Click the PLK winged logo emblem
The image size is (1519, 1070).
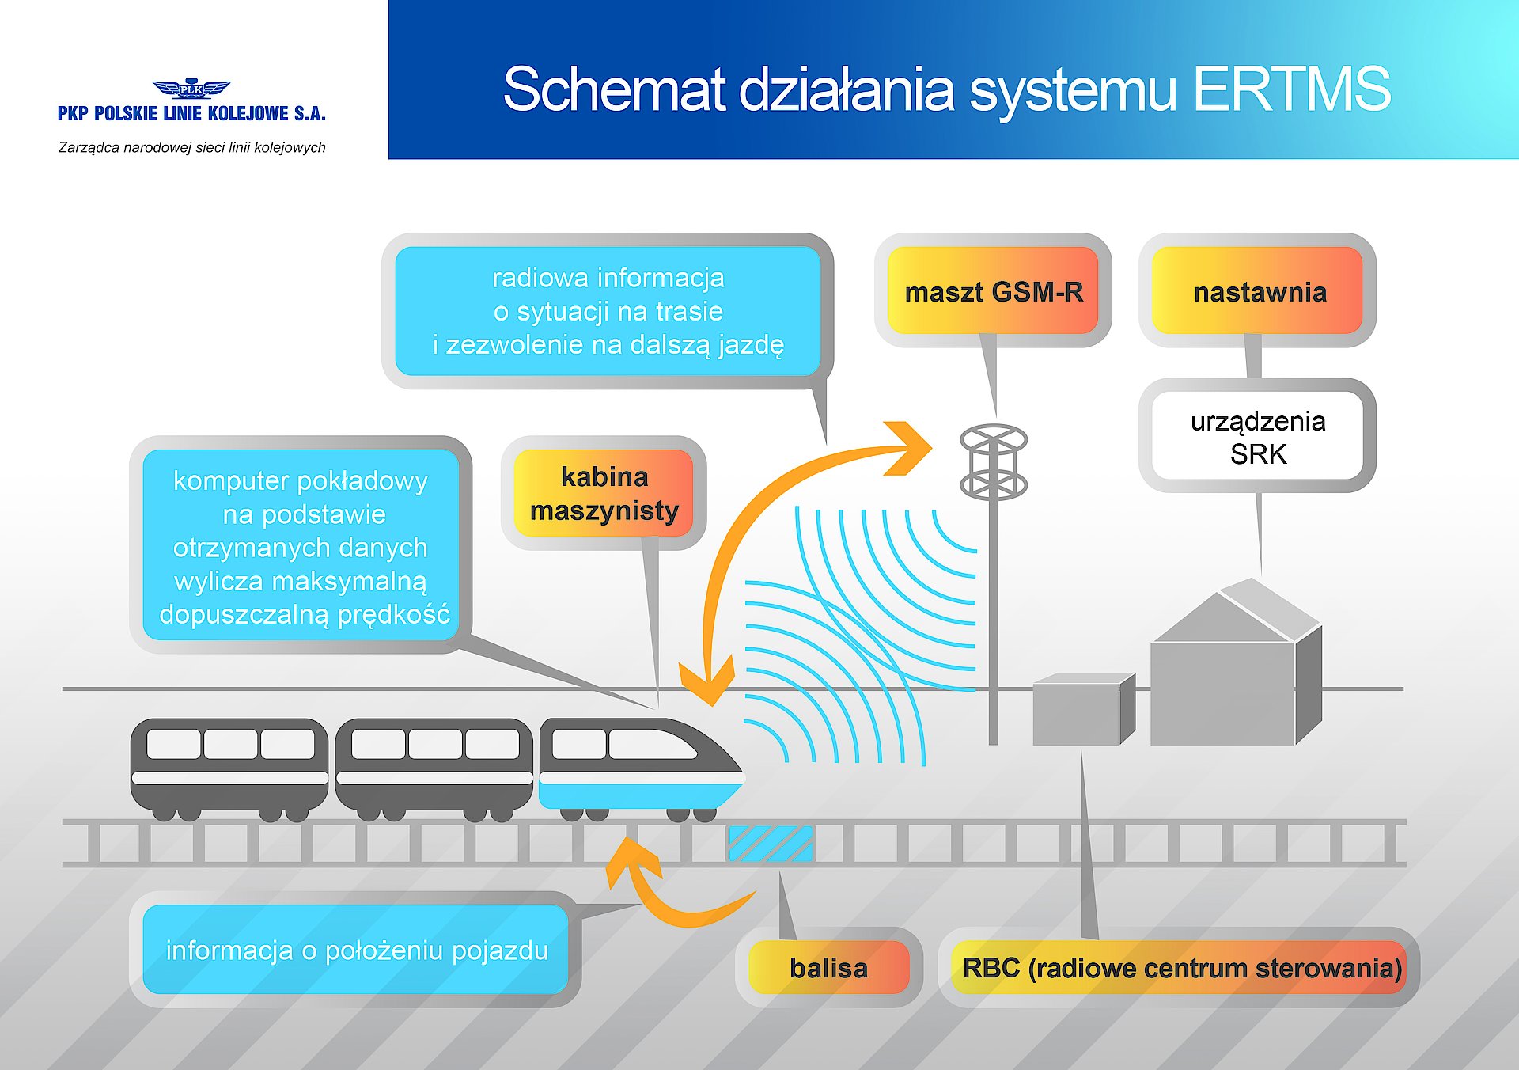191,89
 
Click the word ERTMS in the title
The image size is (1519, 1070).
1291,89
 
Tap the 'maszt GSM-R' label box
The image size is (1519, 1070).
993,291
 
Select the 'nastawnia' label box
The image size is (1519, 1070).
1258,291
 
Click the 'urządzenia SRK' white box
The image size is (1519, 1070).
1258,437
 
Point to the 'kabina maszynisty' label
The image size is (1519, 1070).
604,493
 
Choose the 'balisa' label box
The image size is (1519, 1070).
828,967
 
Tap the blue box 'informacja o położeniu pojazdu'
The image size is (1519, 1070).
356,950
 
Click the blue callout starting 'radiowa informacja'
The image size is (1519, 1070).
608,311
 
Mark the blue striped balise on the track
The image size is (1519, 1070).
770,844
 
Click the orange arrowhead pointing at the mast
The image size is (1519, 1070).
910,448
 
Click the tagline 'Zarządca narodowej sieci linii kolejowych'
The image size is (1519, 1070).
191,147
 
